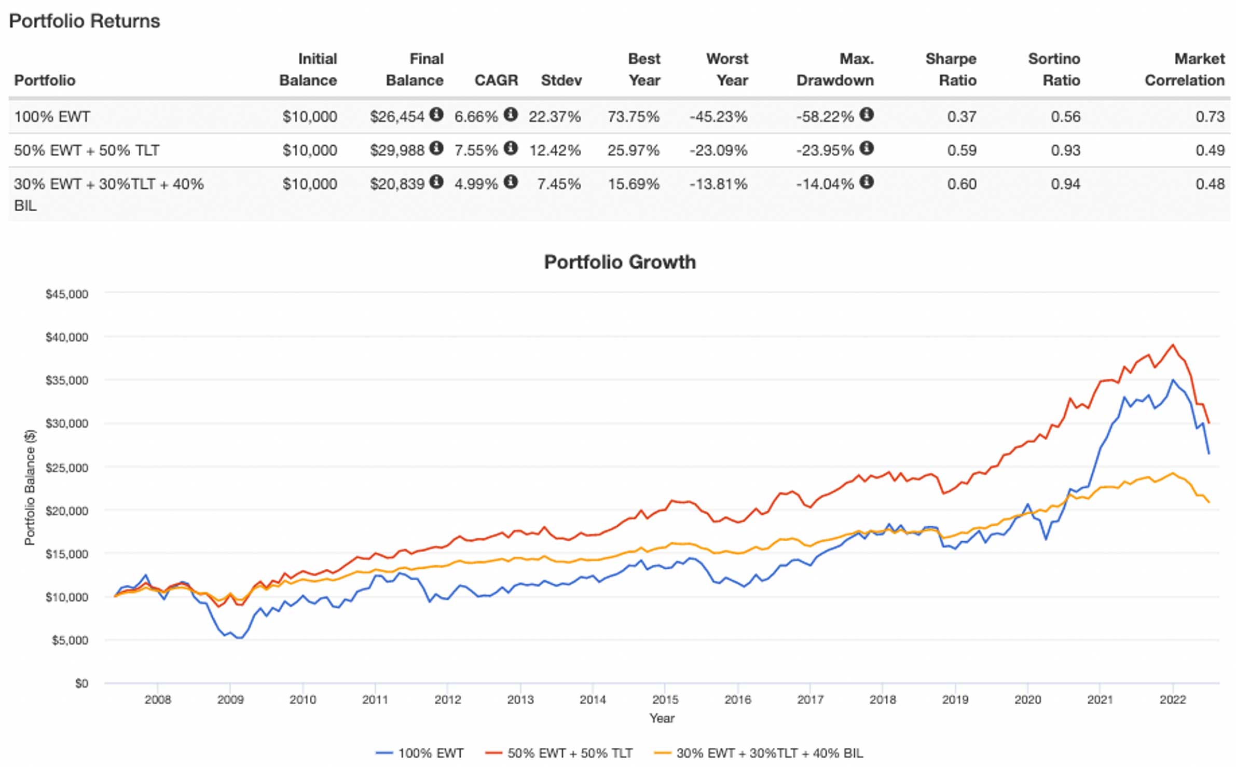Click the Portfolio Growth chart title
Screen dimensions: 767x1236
(x=620, y=262)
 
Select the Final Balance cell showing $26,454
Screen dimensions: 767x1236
(x=397, y=116)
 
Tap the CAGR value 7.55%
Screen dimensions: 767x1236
(x=476, y=150)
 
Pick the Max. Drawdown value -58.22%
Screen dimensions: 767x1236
(x=825, y=116)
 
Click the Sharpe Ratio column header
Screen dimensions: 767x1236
(x=951, y=70)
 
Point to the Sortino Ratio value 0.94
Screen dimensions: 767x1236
(x=1065, y=184)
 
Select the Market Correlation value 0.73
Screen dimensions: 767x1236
(x=1210, y=116)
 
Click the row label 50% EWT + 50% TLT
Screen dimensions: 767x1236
(x=87, y=150)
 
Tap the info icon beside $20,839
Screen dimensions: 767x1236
(x=436, y=182)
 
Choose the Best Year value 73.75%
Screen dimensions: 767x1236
(x=634, y=116)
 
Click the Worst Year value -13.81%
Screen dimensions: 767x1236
(x=718, y=184)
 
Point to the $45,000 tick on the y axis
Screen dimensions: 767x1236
(x=67, y=294)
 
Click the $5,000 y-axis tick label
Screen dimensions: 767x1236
(x=70, y=640)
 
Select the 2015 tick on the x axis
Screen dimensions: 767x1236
(x=665, y=700)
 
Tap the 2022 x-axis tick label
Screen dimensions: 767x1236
(x=1173, y=700)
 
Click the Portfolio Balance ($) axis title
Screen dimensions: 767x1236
(x=30, y=487)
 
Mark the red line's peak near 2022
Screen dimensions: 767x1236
(x=1173, y=345)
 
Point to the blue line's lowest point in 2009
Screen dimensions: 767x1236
(x=239, y=638)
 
